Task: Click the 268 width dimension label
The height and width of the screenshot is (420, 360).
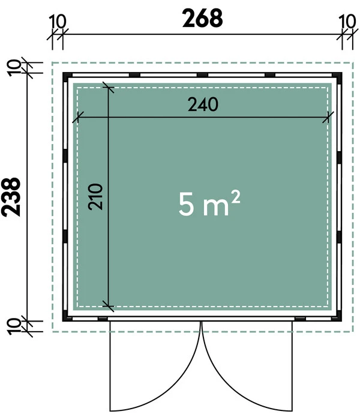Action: pyautogui.click(x=202, y=18)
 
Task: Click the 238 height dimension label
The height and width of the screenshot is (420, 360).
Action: pyautogui.click(x=13, y=196)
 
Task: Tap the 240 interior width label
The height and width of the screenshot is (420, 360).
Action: pyautogui.click(x=203, y=104)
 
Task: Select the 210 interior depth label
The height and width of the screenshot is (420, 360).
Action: pyautogui.click(x=98, y=196)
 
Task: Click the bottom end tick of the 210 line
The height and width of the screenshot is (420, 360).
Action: pyautogui.click(x=108, y=305)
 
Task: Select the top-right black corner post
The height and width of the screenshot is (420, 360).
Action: pyautogui.click(x=338, y=76)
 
